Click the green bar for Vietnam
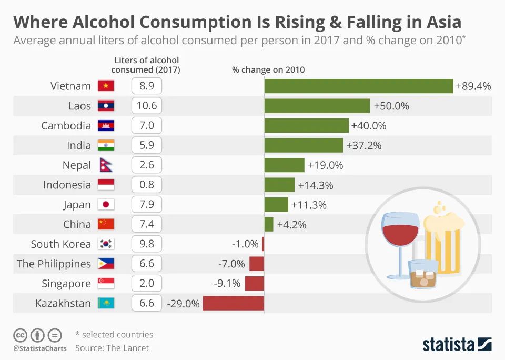click(x=358, y=86)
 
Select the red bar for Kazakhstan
click(x=233, y=303)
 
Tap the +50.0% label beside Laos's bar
click(x=391, y=106)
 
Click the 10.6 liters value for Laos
click(x=146, y=106)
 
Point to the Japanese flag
click(x=106, y=205)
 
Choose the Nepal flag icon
click(x=105, y=165)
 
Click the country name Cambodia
click(x=66, y=126)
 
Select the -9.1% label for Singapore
click(x=227, y=284)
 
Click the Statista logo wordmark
click(x=449, y=345)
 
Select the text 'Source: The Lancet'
click(x=112, y=348)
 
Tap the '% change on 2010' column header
click(x=268, y=70)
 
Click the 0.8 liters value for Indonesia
click(x=146, y=185)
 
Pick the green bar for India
click(x=304, y=145)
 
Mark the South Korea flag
click(x=106, y=244)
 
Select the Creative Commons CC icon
click(x=21, y=335)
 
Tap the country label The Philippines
click(x=54, y=264)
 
